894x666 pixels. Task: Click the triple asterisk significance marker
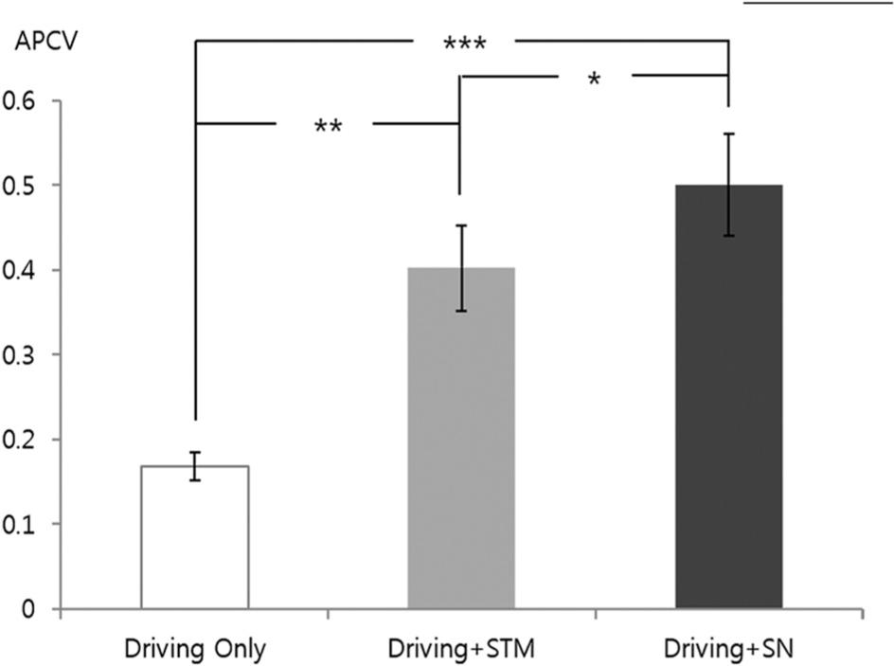(464, 44)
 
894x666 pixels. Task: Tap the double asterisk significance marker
(328, 126)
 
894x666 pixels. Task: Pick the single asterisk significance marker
(594, 80)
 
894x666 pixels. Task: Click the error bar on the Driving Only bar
(195, 466)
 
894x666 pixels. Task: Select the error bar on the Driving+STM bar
(461, 268)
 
